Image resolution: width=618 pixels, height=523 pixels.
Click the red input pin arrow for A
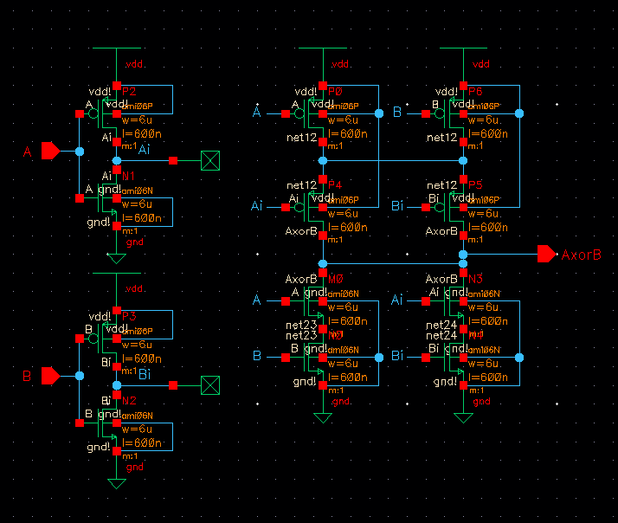pyautogui.click(x=50, y=152)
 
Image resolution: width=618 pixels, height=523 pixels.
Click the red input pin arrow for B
pyautogui.click(x=50, y=376)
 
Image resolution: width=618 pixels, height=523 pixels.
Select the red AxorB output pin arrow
pyautogui.click(x=546, y=254)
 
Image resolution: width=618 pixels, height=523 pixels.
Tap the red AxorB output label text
pyautogui.click(x=581, y=255)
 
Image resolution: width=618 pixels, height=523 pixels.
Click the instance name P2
pyautogui.click(x=129, y=91)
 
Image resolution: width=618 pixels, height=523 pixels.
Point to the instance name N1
pyautogui.click(x=129, y=176)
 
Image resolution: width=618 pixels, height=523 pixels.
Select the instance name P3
pyautogui.click(x=129, y=316)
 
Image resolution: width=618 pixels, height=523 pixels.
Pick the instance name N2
pyautogui.click(x=129, y=400)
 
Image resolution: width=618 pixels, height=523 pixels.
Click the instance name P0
pyautogui.click(x=335, y=91)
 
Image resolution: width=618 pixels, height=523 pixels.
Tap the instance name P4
pyautogui.click(x=335, y=184)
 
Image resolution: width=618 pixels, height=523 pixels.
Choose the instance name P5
pyautogui.click(x=475, y=184)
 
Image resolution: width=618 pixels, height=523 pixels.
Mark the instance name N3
pyautogui.click(x=474, y=279)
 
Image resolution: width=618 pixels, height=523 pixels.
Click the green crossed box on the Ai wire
pyautogui.click(x=209, y=160)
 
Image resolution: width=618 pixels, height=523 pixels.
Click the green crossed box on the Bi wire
pyautogui.click(x=209, y=384)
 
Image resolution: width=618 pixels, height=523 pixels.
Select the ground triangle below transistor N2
pyautogui.click(x=116, y=484)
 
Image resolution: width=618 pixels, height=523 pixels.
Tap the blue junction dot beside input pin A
pyautogui.click(x=80, y=152)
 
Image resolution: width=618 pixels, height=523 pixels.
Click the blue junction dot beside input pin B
pyautogui.click(x=80, y=376)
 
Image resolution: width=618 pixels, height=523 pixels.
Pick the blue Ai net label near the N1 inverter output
pyautogui.click(x=144, y=151)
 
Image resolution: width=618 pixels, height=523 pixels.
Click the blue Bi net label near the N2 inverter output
pyautogui.click(x=145, y=374)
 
